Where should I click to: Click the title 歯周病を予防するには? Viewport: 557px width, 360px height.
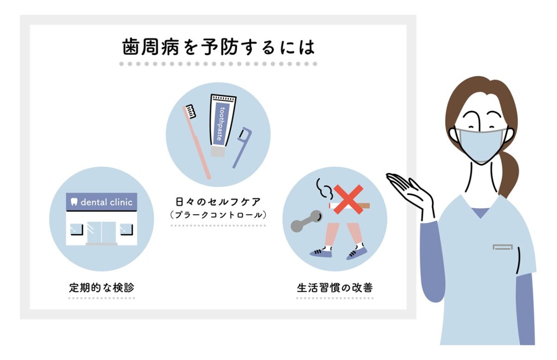219,47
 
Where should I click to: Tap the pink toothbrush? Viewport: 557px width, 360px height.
196,142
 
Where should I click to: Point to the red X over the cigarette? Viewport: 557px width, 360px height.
348,199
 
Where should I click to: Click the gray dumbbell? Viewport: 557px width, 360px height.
307,221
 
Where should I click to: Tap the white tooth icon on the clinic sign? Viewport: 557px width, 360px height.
74,202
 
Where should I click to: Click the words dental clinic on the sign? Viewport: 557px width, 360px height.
106,202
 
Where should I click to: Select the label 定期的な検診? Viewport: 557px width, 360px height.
102,288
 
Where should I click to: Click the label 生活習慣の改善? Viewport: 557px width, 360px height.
335,288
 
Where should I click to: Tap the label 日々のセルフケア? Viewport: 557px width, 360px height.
218,202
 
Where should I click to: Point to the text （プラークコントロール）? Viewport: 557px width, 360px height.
218,215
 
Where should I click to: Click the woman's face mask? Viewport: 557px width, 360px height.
481,145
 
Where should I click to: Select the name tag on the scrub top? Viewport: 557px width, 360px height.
503,247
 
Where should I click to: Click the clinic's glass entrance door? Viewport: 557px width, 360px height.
102,232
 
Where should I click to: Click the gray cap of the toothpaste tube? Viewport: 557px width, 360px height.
218,152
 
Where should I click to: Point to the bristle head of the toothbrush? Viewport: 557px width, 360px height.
190,111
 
